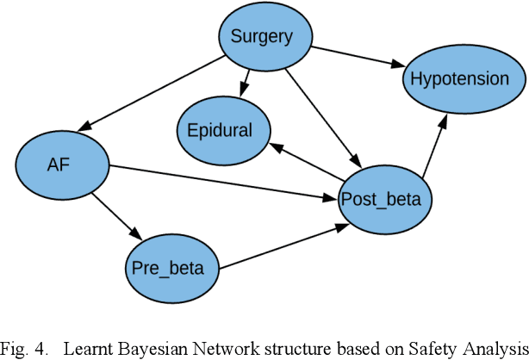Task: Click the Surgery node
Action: [267, 37]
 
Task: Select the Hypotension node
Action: [459, 78]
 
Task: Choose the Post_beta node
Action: [381, 200]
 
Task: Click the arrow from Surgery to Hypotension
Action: [358, 57]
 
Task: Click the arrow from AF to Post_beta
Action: [224, 182]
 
